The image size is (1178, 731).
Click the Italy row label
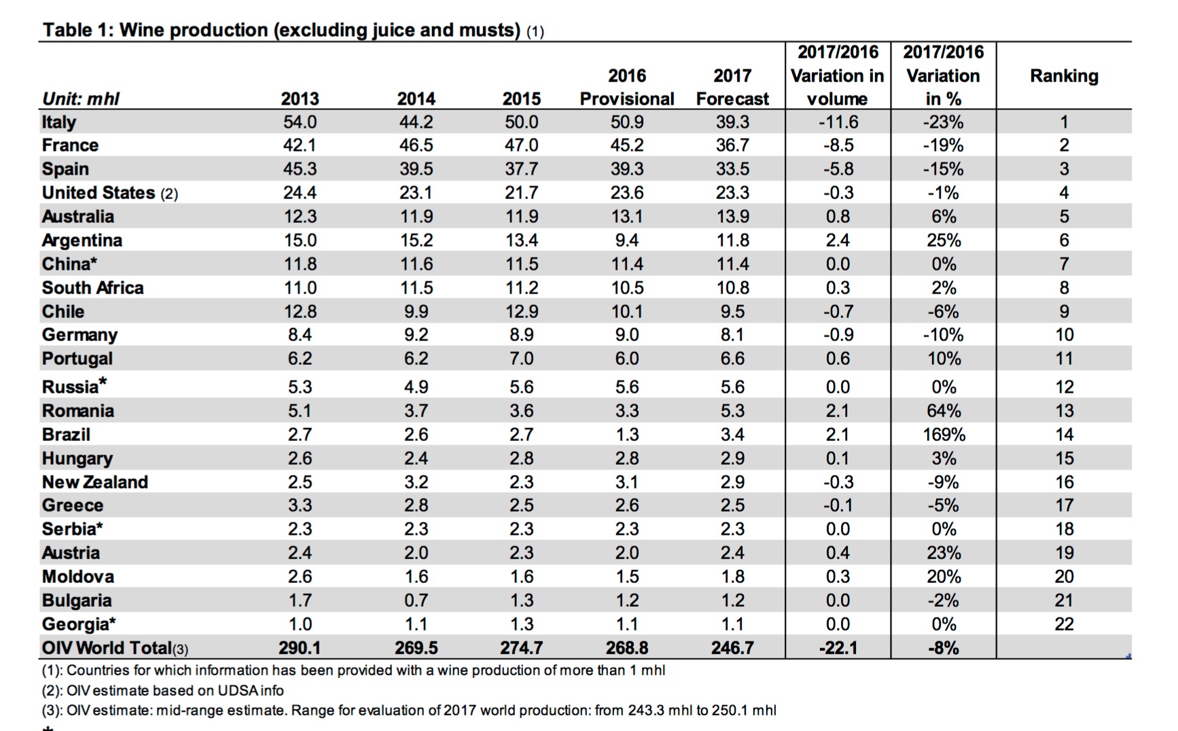pos(59,122)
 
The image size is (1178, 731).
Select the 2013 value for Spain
pos(300,169)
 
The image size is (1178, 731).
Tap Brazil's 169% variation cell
pos(944,435)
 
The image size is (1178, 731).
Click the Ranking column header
pos(1064,76)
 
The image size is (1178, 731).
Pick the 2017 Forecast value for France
pos(732,145)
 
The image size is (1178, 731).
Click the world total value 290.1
pos(300,648)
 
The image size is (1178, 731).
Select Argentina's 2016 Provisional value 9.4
pos(627,240)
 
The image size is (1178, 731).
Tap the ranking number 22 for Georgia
pos(1064,624)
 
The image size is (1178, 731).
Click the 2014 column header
pos(416,99)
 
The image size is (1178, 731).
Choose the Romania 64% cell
pos(944,411)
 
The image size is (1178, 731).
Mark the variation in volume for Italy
pos(838,122)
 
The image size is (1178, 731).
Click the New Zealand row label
pos(95,482)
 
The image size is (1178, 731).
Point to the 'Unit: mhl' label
pos(81,99)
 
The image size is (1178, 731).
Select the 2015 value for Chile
pos(522,312)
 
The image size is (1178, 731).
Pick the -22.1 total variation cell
pos(838,648)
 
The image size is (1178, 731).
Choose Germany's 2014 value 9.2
pos(416,335)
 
